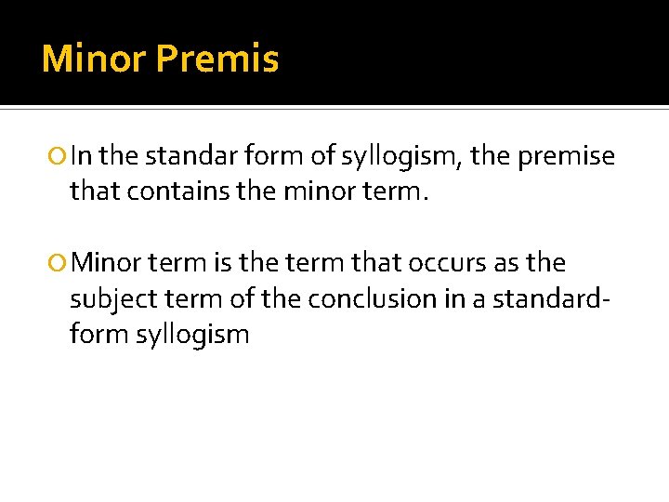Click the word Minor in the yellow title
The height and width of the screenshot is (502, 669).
click(x=94, y=59)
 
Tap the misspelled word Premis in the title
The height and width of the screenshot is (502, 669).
click(x=216, y=59)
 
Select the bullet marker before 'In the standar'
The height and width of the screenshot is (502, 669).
click(x=59, y=157)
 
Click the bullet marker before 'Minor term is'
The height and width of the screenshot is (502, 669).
click(x=59, y=263)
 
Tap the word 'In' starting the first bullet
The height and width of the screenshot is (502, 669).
click(x=82, y=156)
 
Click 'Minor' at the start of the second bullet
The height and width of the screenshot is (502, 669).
click(x=104, y=262)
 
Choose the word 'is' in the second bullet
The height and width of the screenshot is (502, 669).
click(x=222, y=262)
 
